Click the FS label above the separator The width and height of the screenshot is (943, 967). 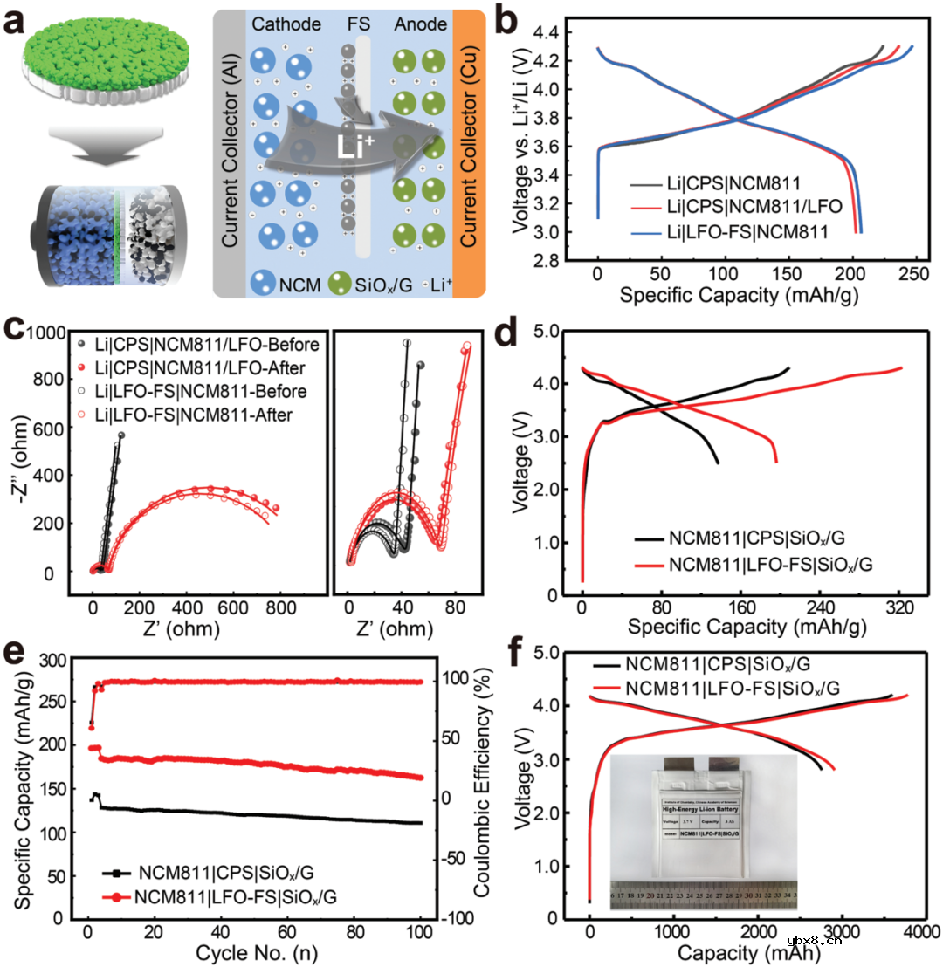pyautogui.click(x=358, y=26)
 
